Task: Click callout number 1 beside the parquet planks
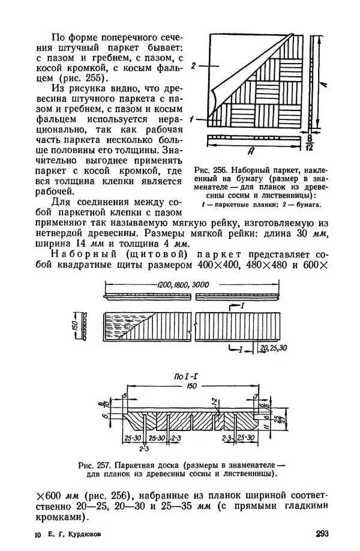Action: [x=191, y=119]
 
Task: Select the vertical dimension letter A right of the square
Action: [x=322, y=86]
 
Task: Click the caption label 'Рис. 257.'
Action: [x=96, y=464]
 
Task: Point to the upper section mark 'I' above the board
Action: [x=242, y=306]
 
